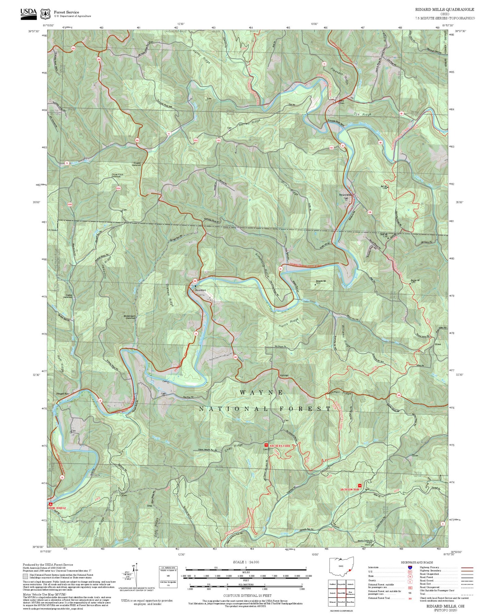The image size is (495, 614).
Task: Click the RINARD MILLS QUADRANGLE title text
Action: (445, 9)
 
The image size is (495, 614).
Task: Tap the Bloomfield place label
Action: (200, 290)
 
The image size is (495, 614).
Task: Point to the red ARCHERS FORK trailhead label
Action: (280, 446)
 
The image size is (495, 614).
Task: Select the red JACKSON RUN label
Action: (349, 489)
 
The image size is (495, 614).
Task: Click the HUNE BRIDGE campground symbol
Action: (51, 504)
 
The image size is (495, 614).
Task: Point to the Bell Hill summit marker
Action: (387, 188)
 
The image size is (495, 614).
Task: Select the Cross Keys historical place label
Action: (117, 175)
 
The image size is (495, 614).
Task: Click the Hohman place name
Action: (284, 375)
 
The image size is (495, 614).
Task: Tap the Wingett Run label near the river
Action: (62, 394)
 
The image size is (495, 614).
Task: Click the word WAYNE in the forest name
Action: (261, 393)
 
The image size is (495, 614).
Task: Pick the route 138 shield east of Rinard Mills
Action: (369, 212)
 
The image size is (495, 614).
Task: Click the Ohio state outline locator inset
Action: (341, 568)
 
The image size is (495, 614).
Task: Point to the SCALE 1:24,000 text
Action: (246, 562)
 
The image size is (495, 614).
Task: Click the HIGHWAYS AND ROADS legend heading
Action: (417, 562)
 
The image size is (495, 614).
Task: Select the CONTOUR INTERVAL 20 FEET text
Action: (247, 596)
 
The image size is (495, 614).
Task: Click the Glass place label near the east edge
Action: (437, 344)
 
